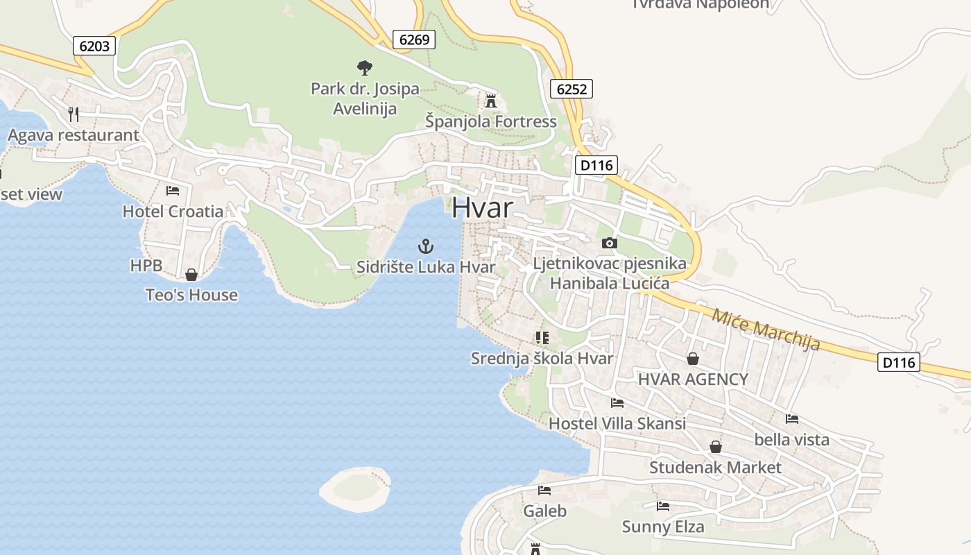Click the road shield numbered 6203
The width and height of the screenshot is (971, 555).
(94, 46)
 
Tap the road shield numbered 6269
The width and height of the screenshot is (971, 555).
(414, 40)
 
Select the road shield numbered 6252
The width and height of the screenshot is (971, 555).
(572, 88)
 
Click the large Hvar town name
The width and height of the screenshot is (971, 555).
(483, 207)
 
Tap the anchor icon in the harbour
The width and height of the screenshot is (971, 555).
(426, 246)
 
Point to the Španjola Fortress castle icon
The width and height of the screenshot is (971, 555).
(491, 101)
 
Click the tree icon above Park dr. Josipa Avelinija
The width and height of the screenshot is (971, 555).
(364, 68)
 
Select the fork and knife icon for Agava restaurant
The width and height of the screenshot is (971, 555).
(74, 114)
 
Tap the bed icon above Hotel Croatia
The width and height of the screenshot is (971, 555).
(173, 190)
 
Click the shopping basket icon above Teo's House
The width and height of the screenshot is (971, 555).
(191, 275)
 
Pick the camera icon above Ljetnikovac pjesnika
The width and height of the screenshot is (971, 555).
(610, 243)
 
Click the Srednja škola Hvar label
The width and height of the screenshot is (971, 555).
(542, 359)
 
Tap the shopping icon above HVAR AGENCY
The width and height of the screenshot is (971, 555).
(692, 359)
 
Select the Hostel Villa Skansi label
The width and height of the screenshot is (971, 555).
(617, 423)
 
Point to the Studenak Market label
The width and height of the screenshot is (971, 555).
(714, 468)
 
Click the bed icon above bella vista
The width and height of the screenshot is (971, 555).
(792, 418)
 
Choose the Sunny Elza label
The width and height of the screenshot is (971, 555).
(662, 527)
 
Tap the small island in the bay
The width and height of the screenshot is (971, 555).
(355, 488)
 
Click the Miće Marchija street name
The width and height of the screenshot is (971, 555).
(766, 327)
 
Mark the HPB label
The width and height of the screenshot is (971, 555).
(146, 266)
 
